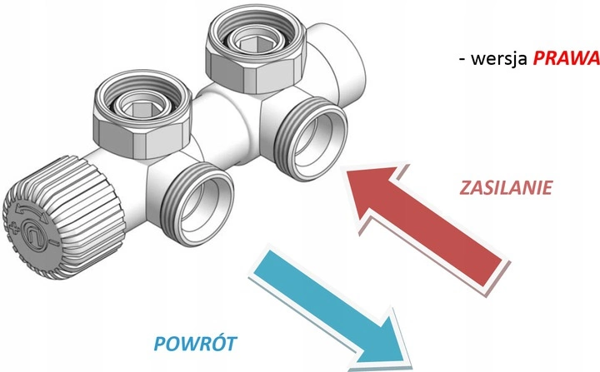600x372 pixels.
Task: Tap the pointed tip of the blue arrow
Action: [x=410, y=350]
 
